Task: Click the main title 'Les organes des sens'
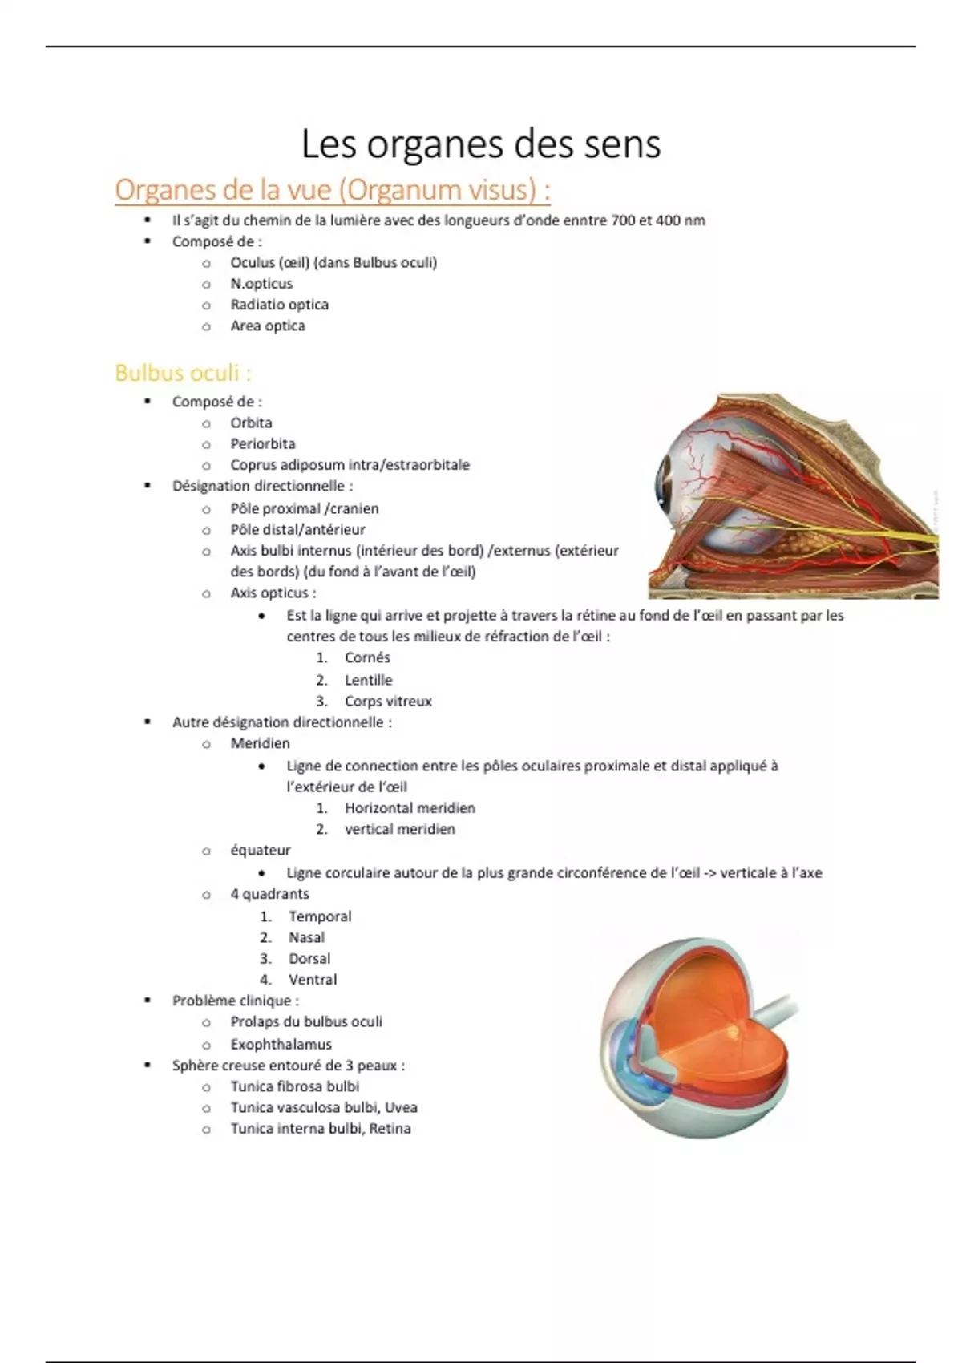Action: pos(481,144)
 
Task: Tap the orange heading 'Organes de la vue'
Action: pos(332,190)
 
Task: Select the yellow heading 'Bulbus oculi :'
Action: pos(183,373)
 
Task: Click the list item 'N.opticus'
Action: pos(261,284)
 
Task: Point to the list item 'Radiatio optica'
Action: pos(279,305)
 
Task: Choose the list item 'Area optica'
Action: pos(268,326)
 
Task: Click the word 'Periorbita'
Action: pos(263,444)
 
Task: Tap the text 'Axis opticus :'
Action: pos(273,593)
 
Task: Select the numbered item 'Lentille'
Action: pos(368,680)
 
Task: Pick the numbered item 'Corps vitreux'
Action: pos(388,702)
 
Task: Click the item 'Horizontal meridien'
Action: pos(410,808)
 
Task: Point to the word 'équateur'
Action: pos(261,851)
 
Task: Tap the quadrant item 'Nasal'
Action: pos(307,937)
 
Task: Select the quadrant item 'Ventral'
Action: pos(313,980)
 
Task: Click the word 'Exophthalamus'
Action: pos(281,1045)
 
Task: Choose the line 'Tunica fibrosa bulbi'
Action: pos(295,1086)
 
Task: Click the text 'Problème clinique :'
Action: pos(236,1001)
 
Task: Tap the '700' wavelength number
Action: pos(624,220)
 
